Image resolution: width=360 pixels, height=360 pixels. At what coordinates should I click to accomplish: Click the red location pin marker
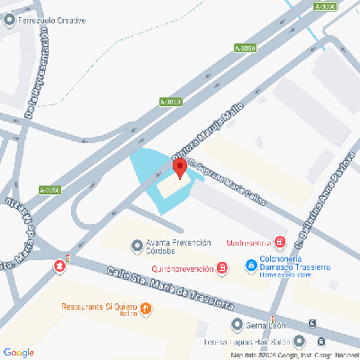pyautogui.click(x=178, y=167)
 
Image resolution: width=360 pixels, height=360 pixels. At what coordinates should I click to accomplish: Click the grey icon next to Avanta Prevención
pyautogui.click(x=137, y=243)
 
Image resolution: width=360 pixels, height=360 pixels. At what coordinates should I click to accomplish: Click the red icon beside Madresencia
pyautogui.click(x=280, y=241)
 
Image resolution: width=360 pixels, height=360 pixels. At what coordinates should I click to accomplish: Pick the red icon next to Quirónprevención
pyautogui.click(x=221, y=268)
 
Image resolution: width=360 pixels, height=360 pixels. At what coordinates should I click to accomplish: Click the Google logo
pyautogui.click(x=19, y=352)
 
